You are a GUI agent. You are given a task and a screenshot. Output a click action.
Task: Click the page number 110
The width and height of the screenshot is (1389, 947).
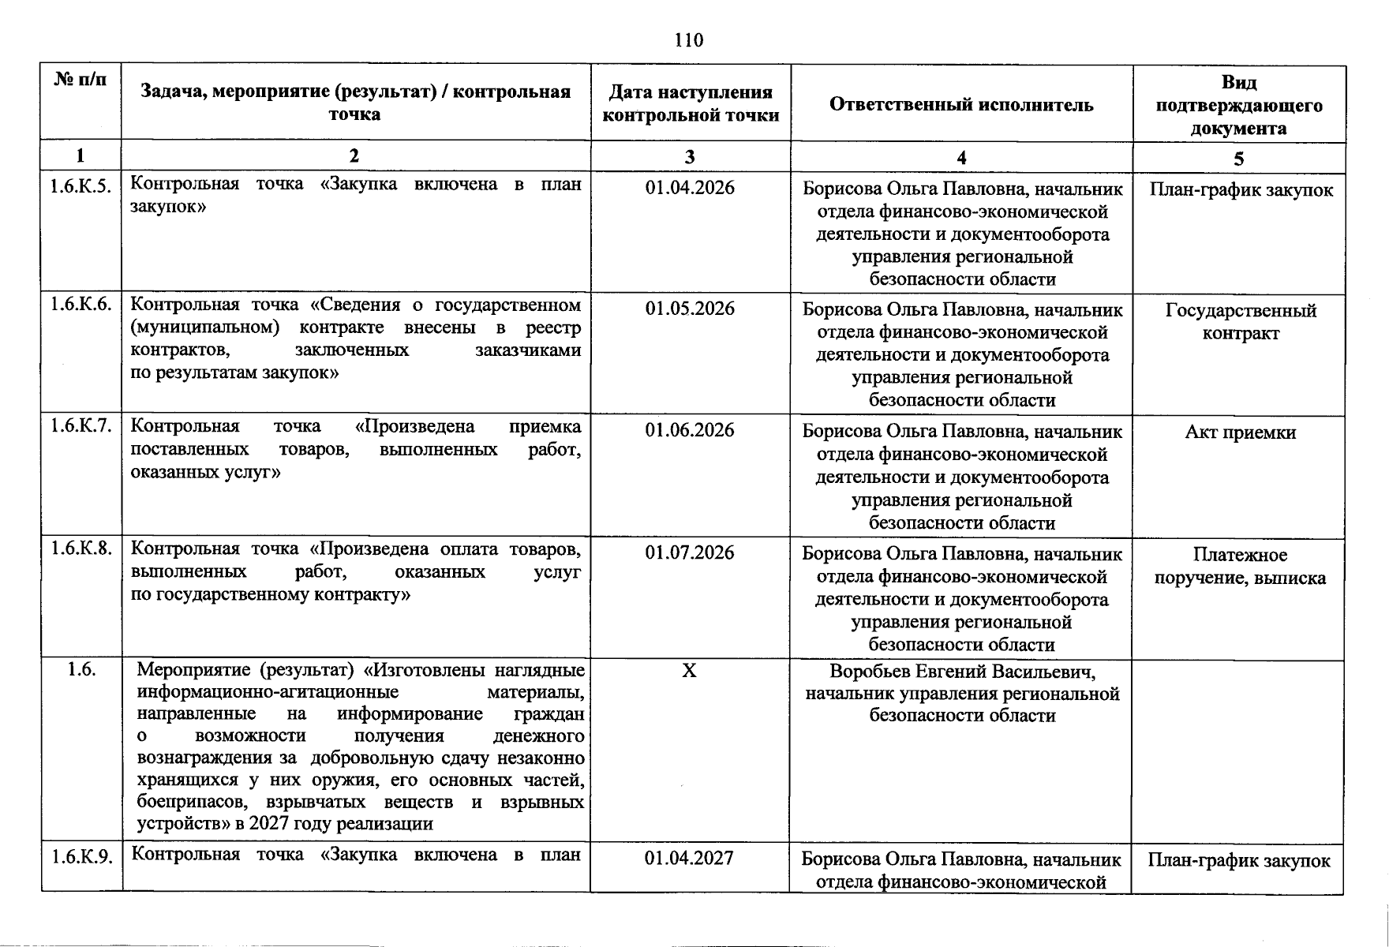(688, 40)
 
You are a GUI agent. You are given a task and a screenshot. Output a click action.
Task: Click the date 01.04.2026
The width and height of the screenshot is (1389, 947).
(689, 188)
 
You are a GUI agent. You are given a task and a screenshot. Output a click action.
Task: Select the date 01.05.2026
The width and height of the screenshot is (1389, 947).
(689, 309)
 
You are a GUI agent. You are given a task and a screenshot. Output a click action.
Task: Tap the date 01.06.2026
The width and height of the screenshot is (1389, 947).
(689, 430)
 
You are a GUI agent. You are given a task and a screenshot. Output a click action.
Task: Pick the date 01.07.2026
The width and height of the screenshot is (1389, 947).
(689, 552)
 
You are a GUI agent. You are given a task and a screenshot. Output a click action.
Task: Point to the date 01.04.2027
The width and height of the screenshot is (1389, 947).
(689, 858)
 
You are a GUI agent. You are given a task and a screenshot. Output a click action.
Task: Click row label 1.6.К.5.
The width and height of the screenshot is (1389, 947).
(80, 186)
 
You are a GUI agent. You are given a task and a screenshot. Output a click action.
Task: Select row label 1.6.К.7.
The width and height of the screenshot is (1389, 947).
(80, 427)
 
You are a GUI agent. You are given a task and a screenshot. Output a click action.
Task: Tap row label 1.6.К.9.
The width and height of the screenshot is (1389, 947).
(80, 856)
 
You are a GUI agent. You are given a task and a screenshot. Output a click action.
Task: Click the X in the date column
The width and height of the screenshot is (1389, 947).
(689, 671)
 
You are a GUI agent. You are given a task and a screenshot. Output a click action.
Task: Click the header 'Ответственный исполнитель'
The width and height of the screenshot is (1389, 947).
(961, 105)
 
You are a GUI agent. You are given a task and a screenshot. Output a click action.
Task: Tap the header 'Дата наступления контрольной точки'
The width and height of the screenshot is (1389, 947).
(691, 104)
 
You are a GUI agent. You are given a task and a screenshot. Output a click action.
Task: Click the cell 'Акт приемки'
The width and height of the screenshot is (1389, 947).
(1240, 432)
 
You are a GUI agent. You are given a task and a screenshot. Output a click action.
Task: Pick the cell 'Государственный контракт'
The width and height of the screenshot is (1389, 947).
(1241, 321)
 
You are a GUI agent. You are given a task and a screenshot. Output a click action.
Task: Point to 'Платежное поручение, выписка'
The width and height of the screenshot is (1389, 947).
(1240, 566)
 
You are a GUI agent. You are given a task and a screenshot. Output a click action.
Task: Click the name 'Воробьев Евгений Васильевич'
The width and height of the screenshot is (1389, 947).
(962, 672)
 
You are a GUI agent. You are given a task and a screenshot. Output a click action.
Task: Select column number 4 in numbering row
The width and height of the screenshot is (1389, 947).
(961, 158)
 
